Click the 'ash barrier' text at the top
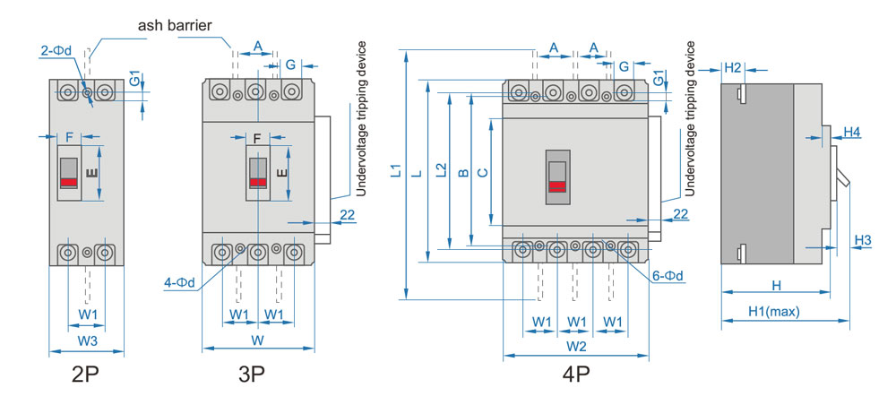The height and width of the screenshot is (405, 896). tap(175, 24)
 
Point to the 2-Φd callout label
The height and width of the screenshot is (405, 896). tap(56, 50)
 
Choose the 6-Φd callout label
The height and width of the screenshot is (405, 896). tap(668, 277)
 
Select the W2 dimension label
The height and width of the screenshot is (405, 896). tap(576, 346)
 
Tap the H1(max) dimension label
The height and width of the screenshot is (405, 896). tap(774, 312)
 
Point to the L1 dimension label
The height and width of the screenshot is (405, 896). tap(395, 171)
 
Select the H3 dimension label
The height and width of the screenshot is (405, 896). tap(863, 240)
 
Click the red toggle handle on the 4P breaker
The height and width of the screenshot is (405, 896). tap(557, 185)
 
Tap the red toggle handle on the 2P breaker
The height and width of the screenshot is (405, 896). tap(69, 182)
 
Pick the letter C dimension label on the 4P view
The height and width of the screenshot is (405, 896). tap(483, 170)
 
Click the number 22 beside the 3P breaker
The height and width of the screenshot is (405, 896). tap(348, 214)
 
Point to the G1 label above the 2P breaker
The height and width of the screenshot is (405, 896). tap(134, 78)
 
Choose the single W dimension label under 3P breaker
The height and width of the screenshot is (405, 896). tap(257, 340)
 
